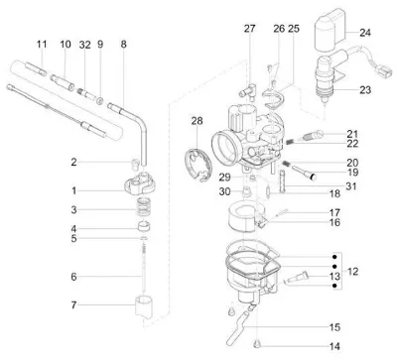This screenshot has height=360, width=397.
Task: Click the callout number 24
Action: (365, 33)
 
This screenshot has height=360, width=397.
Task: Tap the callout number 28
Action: (197, 121)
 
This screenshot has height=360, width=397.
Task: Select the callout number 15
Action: (334, 327)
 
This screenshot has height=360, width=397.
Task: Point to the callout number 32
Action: (85, 45)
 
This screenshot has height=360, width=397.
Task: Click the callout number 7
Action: (73, 304)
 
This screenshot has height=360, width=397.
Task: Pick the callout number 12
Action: (353, 272)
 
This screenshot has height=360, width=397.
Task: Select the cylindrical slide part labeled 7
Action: (145, 307)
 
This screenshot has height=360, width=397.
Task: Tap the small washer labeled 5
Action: (143, 238)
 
